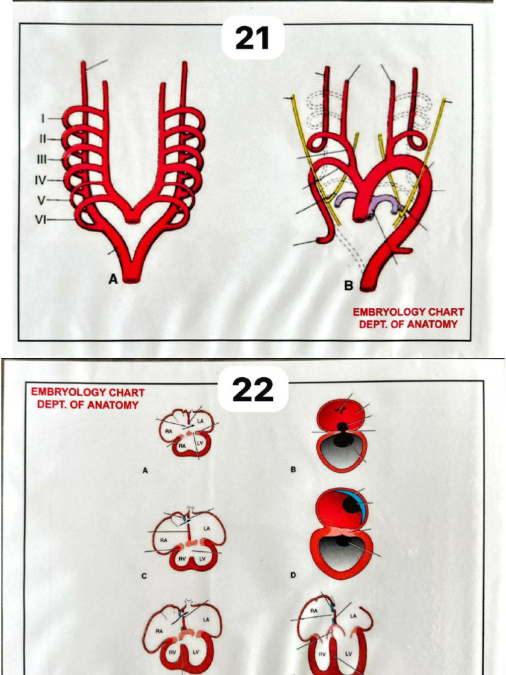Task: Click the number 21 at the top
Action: (252, 38)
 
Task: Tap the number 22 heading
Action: (253, 390)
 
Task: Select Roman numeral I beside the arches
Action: (43, 119)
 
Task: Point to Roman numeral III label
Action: (41, 159)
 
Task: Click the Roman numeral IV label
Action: (41, 179)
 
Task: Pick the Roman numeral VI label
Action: (41, 220)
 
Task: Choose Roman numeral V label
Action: (42, 199)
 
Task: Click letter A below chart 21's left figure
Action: (113, 279)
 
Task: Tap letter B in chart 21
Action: (349, 286)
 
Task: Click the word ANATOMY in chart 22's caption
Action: (116, 405)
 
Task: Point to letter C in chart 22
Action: (144, 575)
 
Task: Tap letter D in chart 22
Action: (293, 575)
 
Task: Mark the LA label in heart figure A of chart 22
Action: (200, 421)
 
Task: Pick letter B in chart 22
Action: (293, 471)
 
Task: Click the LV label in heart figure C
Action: (202, 558)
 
